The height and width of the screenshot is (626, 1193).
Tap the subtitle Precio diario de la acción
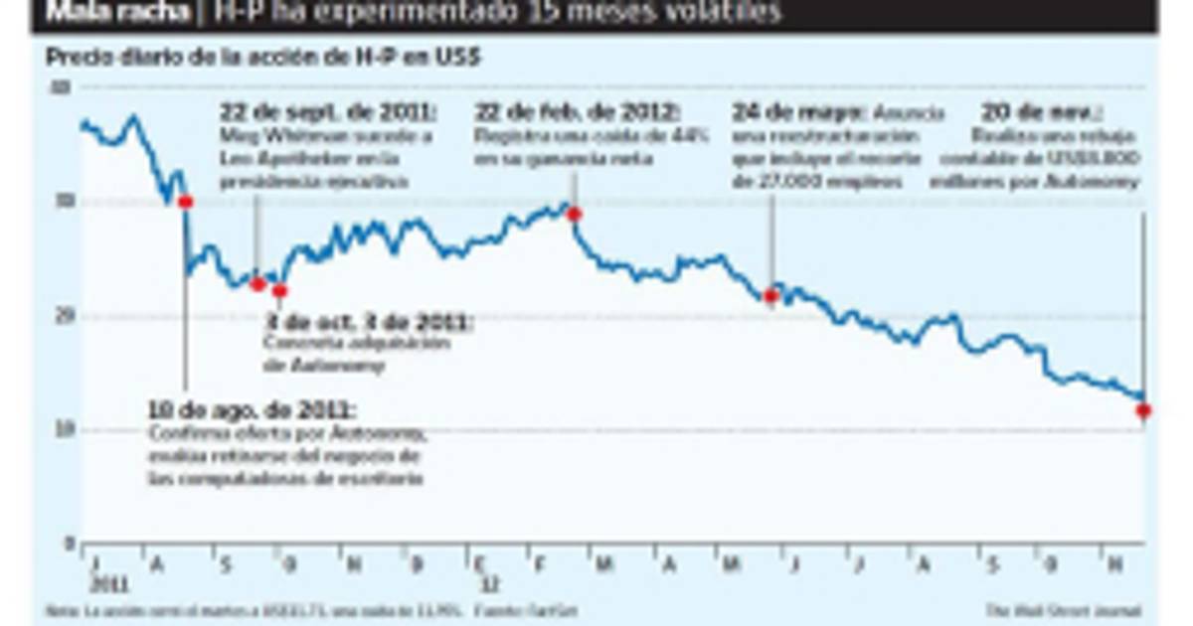coord(262,58)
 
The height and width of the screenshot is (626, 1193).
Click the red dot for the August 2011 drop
coord(185,202)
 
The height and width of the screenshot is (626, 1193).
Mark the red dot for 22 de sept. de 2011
coord(257,284)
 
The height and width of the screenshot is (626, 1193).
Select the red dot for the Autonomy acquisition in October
coord(279,291)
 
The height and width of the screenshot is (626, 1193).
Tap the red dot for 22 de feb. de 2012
coord(574,214)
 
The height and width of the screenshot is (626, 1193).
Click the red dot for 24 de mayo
coord(770,295)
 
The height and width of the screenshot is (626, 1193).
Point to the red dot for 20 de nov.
coord(1144,410)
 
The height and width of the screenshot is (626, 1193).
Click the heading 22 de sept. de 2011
coord(329,111)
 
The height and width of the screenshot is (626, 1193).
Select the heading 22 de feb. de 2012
coord(578,111)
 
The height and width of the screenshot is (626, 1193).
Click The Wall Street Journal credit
coord(1064,610)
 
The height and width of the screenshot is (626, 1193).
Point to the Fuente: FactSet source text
coord(527,610)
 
